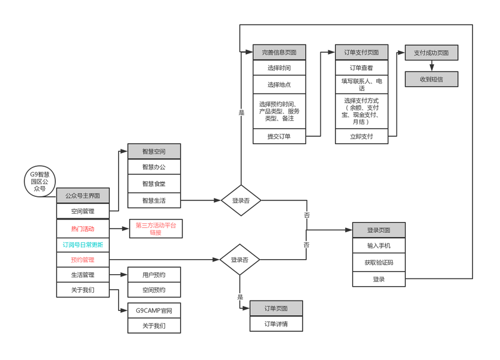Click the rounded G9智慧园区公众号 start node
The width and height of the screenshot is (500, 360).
point(40,181)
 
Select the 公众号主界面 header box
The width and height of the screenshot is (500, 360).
point(83,196)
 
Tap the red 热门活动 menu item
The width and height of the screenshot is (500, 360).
point(83,229)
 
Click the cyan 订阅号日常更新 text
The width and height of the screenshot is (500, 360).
point(83,244)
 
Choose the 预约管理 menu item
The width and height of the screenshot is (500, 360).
point(83,260)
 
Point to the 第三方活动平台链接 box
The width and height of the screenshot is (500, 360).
point(155,229)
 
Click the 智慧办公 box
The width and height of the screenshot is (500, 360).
point(154,167)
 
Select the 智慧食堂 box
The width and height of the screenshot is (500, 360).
point(154,184)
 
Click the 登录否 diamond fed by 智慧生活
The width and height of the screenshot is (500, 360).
point(241,200)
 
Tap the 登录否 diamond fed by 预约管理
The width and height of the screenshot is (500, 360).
point(239,260)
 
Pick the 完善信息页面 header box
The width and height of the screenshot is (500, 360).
point(279,52)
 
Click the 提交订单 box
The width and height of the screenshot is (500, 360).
point(279,136)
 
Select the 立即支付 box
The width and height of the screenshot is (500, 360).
point(361,136)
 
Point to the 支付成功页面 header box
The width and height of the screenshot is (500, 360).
point(431,52)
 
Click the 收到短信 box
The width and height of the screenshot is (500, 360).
point(431,79)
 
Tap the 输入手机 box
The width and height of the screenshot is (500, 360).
point(379,245)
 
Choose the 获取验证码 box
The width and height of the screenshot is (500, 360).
point(379,262)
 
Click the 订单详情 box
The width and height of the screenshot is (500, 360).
point(276,324)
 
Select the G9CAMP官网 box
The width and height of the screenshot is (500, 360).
point(154,310)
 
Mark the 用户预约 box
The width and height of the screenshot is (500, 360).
point(154,275)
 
